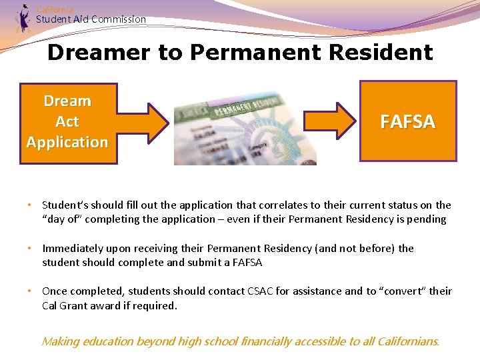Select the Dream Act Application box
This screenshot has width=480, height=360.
[x=68, y=123]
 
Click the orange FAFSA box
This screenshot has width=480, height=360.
[x=408, y=121]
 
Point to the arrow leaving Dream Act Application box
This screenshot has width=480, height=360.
[x=143, y=123]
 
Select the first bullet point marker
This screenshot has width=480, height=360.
[x=30, y=205]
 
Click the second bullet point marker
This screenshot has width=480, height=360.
[x=30, y=249]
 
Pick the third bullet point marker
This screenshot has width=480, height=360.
[x=30, y=291]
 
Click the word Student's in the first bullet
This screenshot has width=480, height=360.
[x=64, y=205]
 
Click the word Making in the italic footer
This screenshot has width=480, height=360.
[x=61, y=341]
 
